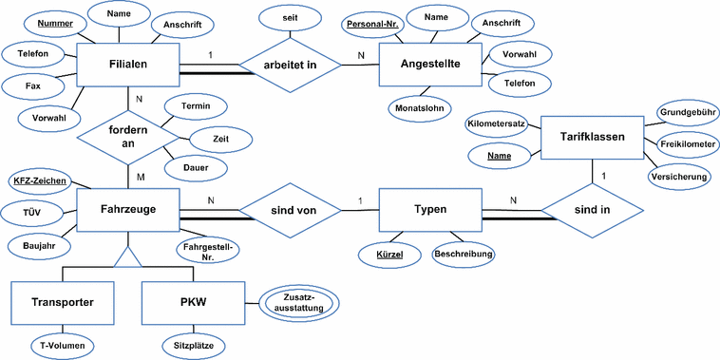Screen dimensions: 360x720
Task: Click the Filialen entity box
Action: pyautogui.click(x=126, y=66)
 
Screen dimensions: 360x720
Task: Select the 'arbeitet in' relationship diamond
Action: pyautogui.click(x=290, y=66)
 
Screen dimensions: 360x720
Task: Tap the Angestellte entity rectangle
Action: pyautogui.click(x=430, y=66)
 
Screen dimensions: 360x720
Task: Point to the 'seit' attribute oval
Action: pyautogui.click(x=291, y=18)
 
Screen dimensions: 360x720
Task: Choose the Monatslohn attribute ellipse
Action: pyautogui.click(x=418, y=107)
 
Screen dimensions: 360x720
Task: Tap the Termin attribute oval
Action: pyautogui.click(x=194, y=105)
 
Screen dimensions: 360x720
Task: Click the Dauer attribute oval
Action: pyautogui.click(x=194, y=168)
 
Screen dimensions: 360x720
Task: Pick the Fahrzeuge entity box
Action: pyautogui.click(x=126, y=209)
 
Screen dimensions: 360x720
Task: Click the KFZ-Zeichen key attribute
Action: pyautogui.click(x=38, y=180)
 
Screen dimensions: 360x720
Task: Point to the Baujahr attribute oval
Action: pyautogui.click(x=39, y=245)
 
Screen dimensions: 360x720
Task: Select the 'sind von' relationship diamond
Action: pyautogui.click(x=290, y=209)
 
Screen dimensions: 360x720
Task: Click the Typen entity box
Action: pyautogui.click(x=430, y=209)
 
